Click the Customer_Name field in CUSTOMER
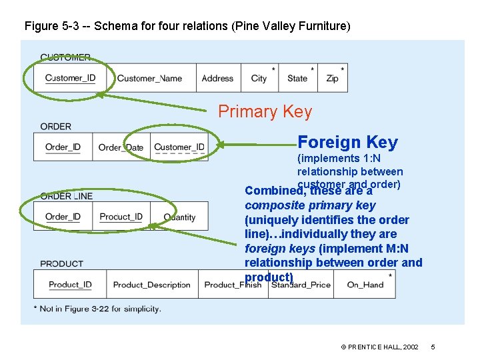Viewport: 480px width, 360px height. click(149, 78)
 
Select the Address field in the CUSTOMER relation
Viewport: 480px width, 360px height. click(217, 78)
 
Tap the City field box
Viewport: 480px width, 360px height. click(259, 78)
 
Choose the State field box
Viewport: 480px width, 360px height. click(297, 78)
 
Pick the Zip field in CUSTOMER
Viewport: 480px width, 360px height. click(332, 78)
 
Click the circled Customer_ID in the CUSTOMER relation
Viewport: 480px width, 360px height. click(70, 78)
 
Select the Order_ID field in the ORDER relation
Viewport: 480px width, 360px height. click(63, 147)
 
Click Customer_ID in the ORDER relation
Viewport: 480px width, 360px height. click(179, 147)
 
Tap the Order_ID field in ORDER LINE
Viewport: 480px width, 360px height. click(63, 217)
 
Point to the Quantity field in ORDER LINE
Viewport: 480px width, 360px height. click(179, 217)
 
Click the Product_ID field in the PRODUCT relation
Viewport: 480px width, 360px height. click(70, 285)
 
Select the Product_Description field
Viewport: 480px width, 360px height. click(151, 285)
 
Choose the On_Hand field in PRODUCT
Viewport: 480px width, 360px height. click(365, 285)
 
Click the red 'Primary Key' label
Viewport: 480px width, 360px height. click(265, 111)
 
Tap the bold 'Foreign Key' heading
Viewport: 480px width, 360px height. click(347, 142)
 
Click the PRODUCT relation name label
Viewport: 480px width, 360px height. click(61, 264)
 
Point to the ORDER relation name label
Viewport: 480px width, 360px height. click(55, 127)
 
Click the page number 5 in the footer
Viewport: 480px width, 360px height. click(433, 347)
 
